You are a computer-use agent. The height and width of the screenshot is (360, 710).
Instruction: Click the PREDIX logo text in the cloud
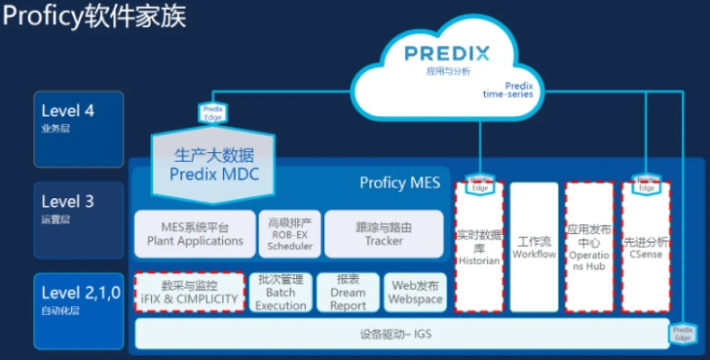click(446, 53)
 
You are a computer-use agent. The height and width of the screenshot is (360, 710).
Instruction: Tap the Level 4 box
click(79, 121)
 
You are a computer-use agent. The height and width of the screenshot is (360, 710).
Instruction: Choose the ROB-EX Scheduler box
click(290, 233)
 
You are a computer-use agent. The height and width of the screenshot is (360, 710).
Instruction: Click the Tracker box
click(383, 233)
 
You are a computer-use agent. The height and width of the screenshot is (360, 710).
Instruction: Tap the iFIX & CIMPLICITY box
click(189, 292)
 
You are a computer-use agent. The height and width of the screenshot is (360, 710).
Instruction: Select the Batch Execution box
click(281, 292)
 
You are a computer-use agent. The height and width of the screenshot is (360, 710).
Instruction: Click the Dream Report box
click(347, 292)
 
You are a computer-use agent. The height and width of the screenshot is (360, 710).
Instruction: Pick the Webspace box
click(415, 292)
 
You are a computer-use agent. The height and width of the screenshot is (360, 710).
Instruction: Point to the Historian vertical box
click(479, 247)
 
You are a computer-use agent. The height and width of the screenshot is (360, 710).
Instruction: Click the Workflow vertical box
click(535, 247)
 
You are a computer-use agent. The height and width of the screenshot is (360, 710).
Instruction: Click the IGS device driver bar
click(400, 334)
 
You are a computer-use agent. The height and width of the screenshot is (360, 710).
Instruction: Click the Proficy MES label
click(400, 183)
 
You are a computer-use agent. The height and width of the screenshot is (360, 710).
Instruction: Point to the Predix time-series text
click(508, 89)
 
